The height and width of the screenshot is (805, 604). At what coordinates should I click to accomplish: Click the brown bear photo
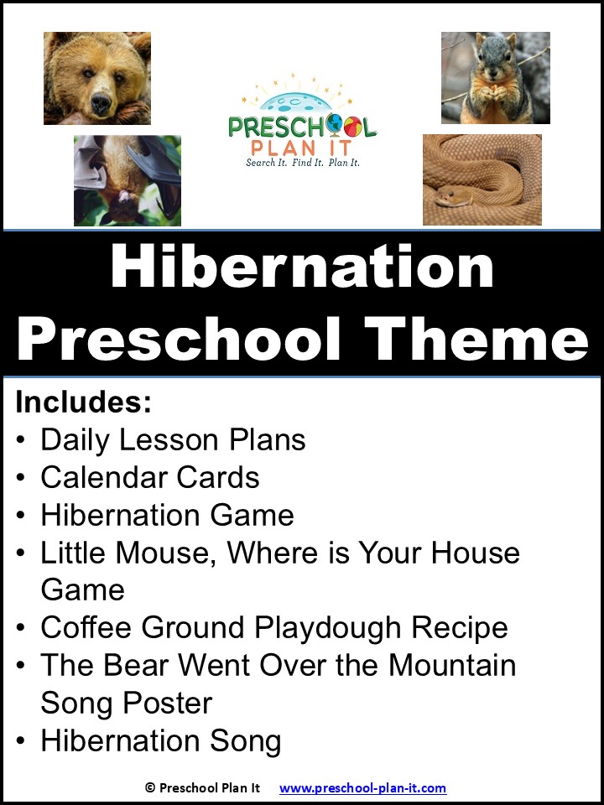(x=97, y=78)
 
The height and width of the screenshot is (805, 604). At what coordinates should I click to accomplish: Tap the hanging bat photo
(x=128, y=180)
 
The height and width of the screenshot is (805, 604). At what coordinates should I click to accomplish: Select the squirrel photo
(x=495, y=78)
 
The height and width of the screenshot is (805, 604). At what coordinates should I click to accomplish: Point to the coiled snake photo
(x=482, y=179)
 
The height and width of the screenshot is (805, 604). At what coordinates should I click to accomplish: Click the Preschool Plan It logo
(x=302, y=122)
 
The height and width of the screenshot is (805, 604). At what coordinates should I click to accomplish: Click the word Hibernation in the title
(x=302, y=267)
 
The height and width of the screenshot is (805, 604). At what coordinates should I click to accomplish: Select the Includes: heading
(x=83, y=402)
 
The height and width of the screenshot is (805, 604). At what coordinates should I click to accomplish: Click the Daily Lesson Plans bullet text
(x=173, y=440)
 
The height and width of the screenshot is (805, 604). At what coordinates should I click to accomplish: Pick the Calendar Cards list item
(x=150, y=478)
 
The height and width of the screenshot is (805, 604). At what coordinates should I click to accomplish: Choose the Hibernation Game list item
(x=167, y=515)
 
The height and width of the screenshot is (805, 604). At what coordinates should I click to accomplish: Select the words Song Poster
(x=126, y=703)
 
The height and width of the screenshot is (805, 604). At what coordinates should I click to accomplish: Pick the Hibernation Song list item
(x=160, y=740)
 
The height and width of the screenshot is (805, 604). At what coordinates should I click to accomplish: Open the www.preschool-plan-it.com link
(x=362, y=788)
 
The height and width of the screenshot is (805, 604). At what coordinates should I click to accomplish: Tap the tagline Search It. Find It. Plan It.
(x=302, y=163)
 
